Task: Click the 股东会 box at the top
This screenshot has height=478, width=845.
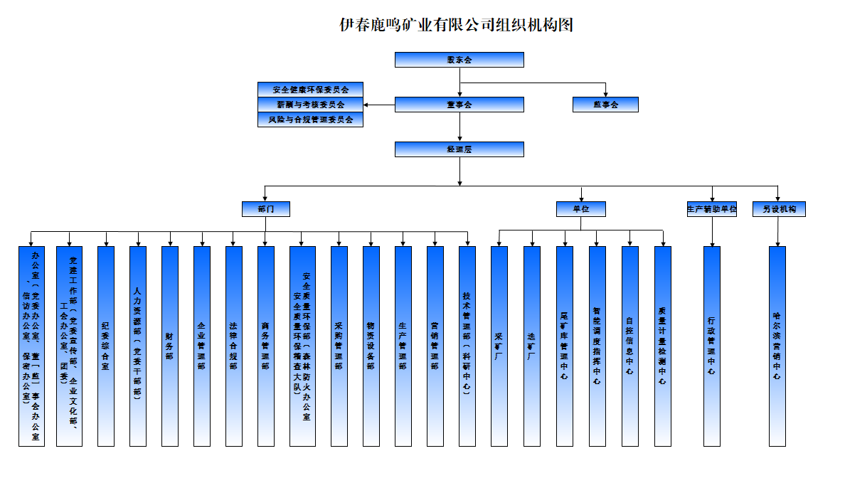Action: click(x=459, y=60)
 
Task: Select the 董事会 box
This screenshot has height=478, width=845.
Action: click(x=459, y=105)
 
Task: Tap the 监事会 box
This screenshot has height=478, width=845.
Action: click(x=605, y=105)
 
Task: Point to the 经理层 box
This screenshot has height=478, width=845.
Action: click(x=459, y=149)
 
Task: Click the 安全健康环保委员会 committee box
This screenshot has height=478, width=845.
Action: click(x=311, y=90)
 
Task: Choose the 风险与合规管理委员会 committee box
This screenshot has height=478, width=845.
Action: click(x=311, y=119)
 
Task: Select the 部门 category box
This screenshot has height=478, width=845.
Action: click(x=265, y=209)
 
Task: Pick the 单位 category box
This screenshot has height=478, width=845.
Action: click(x=581, y=209)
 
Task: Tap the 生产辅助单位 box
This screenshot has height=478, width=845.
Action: click(x=711, y=209)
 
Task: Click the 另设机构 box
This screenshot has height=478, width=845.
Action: click(x=779, y=209)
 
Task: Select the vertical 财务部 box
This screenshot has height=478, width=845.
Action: click(x=169, y=346)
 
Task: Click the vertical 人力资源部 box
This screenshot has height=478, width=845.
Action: click(x=138, y=346)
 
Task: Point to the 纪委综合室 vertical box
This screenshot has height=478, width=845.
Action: click(x=105, y=346)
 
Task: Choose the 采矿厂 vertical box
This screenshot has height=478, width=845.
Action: click(x=499, y=346)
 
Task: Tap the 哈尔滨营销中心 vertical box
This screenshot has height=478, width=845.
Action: click(x=777, y=346)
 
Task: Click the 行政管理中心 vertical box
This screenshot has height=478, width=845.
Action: click(x=711, y=346)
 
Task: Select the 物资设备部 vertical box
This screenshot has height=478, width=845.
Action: click(x=371, y=346)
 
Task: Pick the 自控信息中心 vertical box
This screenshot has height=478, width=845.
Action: click(x=629, y=346)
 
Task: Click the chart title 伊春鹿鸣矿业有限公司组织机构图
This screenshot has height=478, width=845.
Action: click(x=456, y=26)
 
